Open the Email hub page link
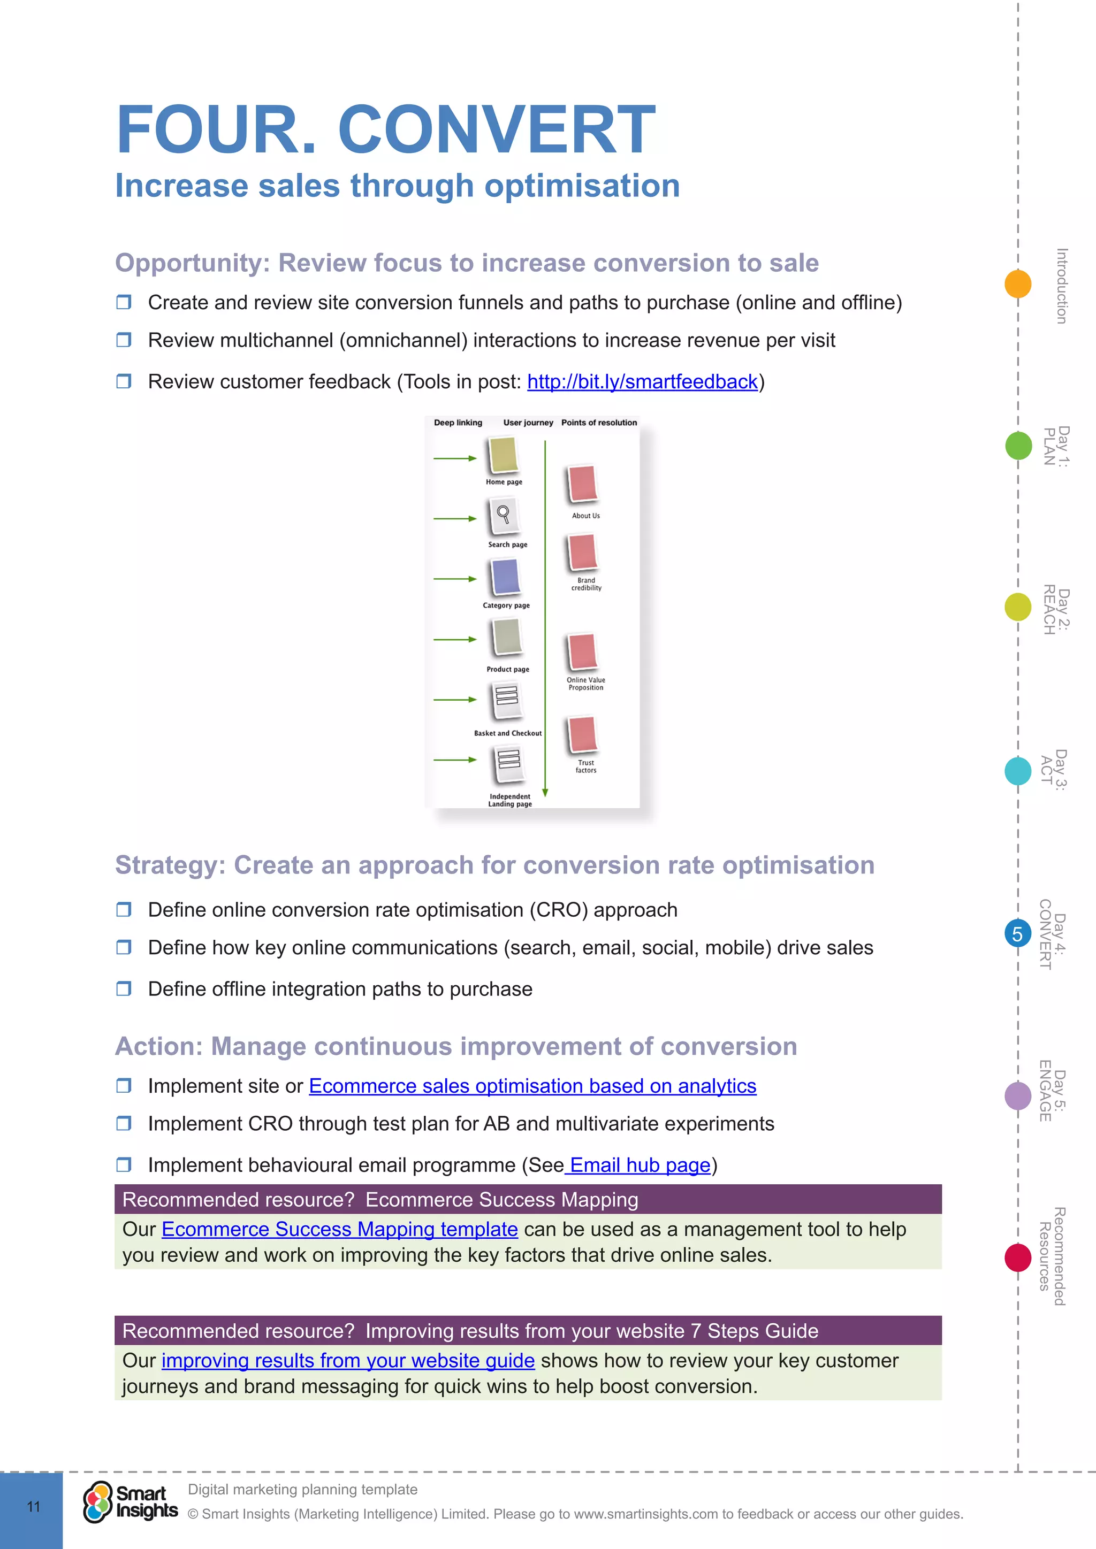(x=638, y=1165)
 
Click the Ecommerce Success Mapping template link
(x=339, y=1229)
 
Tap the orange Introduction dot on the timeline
(x=1018, y=283)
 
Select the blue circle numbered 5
(x=1018, y=934)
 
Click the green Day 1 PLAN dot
(x=1018, y=445)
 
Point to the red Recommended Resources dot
(x=1018, y=1257)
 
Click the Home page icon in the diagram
(x=503, y=455)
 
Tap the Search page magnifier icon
(x=504, y=516)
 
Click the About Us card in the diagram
(x=582, y=484)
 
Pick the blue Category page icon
(x=506, y=577)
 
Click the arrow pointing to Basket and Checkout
(x=454, y=700)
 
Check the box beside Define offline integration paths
(x=124, y=988)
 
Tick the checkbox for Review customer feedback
(x=124, y=381)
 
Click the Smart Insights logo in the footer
(x=130, y=1502)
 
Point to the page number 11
(x=33, y=1507)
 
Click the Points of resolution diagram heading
(x=599, y=423)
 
